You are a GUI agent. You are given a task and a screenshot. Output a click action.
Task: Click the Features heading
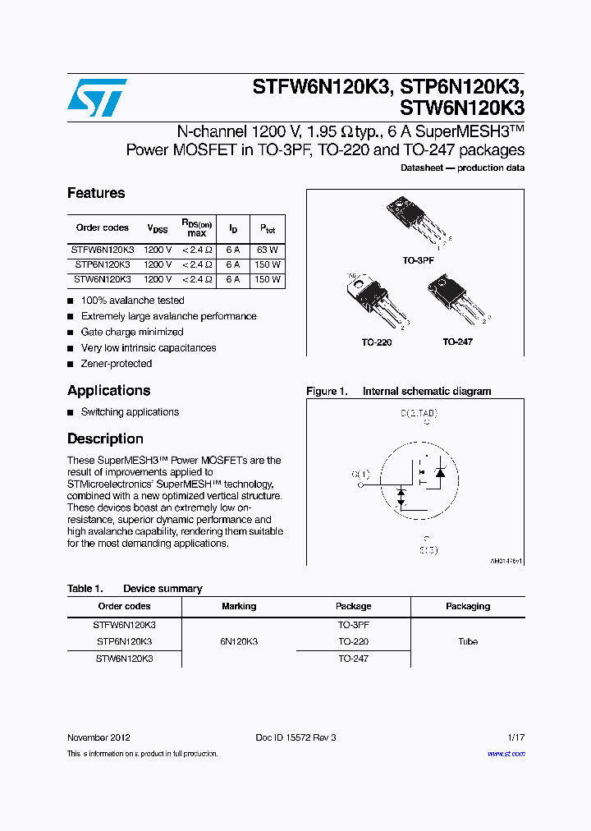[96, 193]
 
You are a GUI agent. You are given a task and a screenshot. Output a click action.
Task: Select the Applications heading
[108, 390]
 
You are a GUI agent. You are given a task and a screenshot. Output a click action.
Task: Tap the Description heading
[105, 438]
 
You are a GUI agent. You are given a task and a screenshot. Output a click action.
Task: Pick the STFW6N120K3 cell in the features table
[102, 249]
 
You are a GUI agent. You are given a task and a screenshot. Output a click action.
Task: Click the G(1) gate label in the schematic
[360, 474]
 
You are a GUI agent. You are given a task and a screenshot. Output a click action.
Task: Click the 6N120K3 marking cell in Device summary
[239, 641]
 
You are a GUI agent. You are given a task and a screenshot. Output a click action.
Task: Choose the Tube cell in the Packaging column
[468, 641]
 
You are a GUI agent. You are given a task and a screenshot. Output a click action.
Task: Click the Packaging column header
[468, 606]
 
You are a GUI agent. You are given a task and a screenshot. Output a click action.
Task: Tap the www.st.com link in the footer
[506, 754]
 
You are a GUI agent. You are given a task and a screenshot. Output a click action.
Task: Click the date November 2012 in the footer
[98, 737]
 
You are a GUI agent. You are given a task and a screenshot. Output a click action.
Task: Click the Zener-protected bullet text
[117, 364]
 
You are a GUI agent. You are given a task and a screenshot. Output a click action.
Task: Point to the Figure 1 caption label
[327, 392]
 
